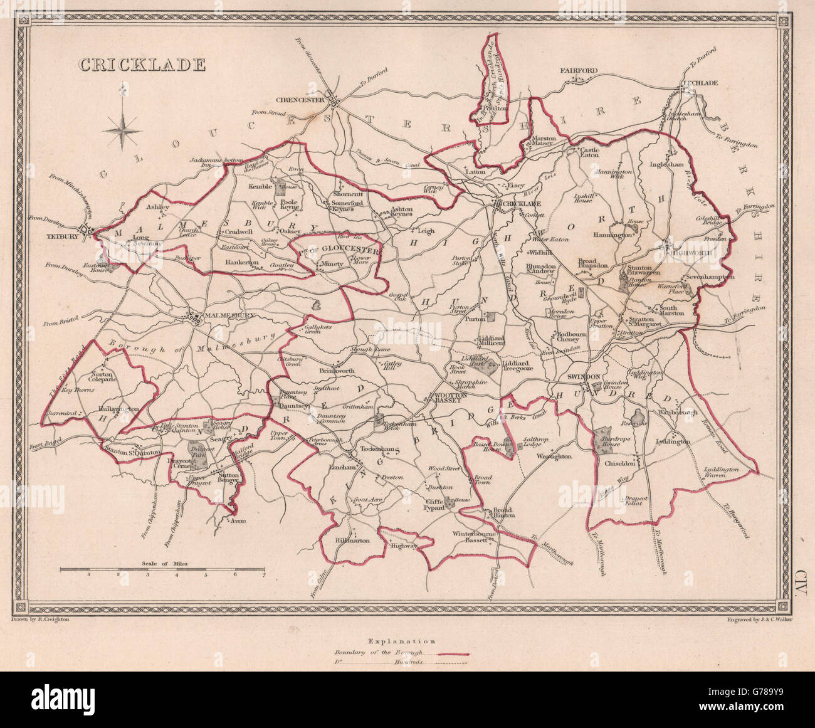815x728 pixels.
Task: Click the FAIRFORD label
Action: (579, 71)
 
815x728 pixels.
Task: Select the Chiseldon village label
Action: (618, 463)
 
